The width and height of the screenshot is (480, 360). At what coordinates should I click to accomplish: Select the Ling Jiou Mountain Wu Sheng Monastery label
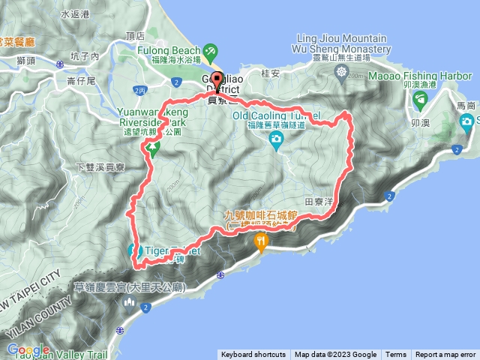(342, 43)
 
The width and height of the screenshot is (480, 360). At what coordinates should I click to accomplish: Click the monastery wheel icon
(342, 72)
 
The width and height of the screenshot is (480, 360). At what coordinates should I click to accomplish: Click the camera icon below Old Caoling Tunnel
(277, 139)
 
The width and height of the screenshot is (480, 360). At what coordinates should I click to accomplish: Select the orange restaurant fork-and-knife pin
(261, 241)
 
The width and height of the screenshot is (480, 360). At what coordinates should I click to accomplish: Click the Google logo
(28, 350)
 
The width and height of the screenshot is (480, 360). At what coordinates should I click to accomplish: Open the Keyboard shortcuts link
(253, 355)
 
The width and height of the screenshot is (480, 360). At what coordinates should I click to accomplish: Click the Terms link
(396, 355)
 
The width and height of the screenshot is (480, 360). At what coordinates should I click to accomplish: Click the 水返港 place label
(75, 14)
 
